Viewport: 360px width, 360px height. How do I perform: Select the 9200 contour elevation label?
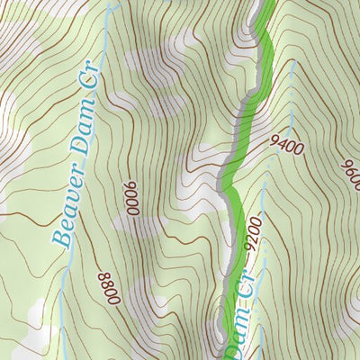252,236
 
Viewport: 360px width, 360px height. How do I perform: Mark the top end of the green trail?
267,4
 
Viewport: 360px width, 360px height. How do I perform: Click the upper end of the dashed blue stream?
294,65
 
